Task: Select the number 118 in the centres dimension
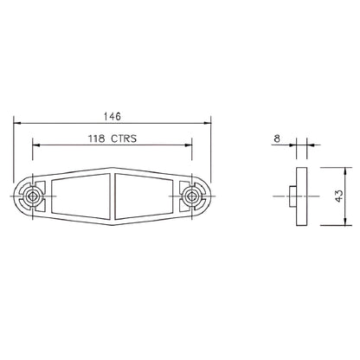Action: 99,138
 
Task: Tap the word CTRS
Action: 127,138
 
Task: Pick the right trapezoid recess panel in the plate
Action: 144,197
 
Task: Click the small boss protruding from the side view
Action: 290,197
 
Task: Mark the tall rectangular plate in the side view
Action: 299,197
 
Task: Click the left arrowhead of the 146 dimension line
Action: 18,123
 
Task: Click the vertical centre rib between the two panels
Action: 112,197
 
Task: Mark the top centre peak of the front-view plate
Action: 112,166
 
